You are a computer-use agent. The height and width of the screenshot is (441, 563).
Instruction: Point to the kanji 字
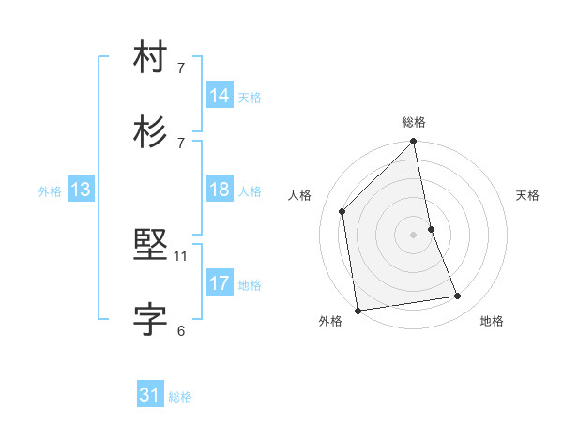pos(151,319)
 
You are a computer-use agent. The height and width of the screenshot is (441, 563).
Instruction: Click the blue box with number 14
pos(220,96)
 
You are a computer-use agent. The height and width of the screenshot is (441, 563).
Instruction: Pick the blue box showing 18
pos(220,190)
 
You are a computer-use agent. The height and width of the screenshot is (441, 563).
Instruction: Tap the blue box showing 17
pos(220,283)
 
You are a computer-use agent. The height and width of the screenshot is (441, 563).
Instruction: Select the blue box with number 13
pos(81,190)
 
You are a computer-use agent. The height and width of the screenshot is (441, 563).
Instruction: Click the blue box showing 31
pos(150,395)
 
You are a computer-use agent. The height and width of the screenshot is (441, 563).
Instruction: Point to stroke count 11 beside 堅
pos(181,256)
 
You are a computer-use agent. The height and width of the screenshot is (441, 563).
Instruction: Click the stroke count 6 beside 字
pos(181,329)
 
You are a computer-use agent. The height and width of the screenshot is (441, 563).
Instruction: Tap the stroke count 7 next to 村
pos(181,68)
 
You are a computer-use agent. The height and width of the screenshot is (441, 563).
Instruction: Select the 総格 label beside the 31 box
pos(180,397)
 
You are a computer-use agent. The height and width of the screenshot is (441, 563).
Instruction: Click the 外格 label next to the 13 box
pos(50,191)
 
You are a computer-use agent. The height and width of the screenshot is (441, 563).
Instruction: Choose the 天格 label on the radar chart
pos(527,195)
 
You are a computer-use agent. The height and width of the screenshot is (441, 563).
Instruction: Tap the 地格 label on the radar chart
pos(492,321)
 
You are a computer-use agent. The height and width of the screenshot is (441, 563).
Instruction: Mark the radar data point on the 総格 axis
pos(414,143)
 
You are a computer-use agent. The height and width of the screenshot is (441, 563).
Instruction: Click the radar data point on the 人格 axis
pos(342,211)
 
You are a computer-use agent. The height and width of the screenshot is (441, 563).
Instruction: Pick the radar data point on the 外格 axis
pos(358,310)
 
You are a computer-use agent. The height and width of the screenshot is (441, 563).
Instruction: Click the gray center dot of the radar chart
pos(414,234)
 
